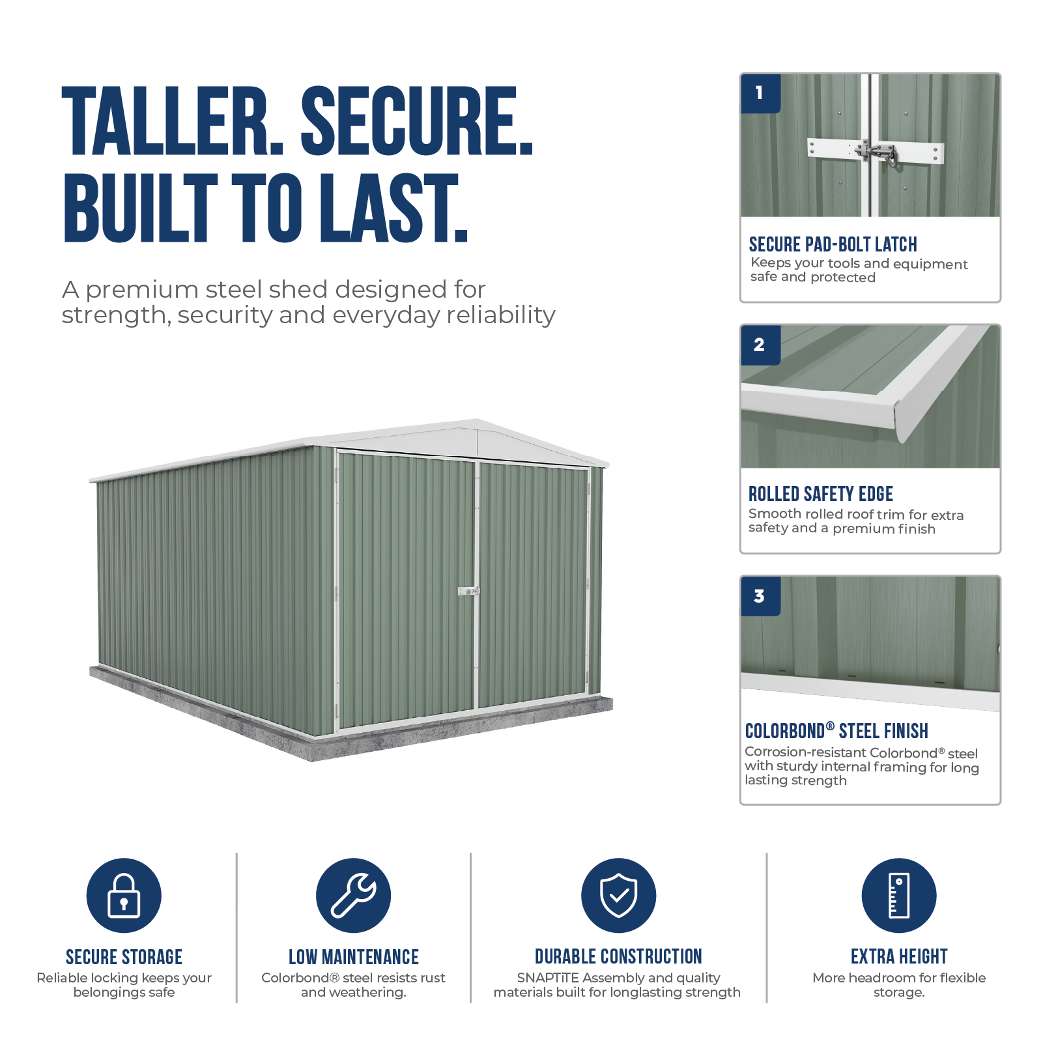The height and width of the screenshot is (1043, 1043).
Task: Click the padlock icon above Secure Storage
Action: tap(124, 895)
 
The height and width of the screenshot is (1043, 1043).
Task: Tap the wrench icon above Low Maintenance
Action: tap(353, 895)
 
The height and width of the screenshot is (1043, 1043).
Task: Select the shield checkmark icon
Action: tap(618, 895)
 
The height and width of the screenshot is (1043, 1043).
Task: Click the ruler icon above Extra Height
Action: tap(899, 895)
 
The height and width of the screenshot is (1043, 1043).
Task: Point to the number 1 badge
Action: tap(760, 94)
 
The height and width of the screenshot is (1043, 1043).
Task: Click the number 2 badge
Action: tap(760, 345)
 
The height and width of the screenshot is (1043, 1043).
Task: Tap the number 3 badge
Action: tap(760, 596)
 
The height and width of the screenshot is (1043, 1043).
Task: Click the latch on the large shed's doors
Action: tap(468, 592)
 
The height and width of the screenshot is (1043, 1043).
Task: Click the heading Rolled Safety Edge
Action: tap(820, 494)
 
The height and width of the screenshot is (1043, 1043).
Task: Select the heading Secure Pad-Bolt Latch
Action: tap(833, 244)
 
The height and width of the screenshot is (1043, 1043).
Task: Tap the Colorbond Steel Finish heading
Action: tap(836, 731)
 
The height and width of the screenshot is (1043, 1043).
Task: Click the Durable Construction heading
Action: tap(618, 956)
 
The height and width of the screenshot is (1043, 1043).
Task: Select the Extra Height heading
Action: tap(899, 956)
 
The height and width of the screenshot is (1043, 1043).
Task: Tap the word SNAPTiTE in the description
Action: tap(548, 978)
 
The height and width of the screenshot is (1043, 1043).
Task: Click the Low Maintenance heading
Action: tap(354, 957)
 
